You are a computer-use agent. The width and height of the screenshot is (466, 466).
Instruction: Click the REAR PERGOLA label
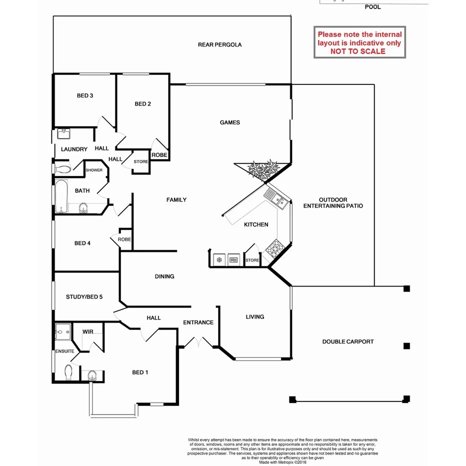pos(219,44)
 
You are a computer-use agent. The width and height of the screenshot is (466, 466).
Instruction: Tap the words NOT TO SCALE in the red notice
pos(357,51)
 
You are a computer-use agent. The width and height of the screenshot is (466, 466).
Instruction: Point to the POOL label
pos(372,7)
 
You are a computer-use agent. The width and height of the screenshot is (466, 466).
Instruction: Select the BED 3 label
pos(85,95)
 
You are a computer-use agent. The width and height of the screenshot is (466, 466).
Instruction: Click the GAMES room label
pos(230,122)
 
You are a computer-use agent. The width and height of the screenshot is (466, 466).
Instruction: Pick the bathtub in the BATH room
pos(61,196)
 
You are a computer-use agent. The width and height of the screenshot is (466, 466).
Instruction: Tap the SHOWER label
pos(94,170)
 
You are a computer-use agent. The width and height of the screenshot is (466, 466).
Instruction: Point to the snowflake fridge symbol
pos(218,260)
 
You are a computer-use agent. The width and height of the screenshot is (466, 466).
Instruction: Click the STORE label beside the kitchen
pos(252,260)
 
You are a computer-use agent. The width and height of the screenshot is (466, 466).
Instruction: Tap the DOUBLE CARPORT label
pos(347,342)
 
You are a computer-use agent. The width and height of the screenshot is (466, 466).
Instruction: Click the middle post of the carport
pos(406,345)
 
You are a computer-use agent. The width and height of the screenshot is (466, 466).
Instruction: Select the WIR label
pos(88,331)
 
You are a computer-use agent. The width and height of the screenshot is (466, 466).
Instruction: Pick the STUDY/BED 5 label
pos(84,297)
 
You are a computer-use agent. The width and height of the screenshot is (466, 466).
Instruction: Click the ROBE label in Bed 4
pos(124,239)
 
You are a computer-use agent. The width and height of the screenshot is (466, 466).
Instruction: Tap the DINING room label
pos(164,276)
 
